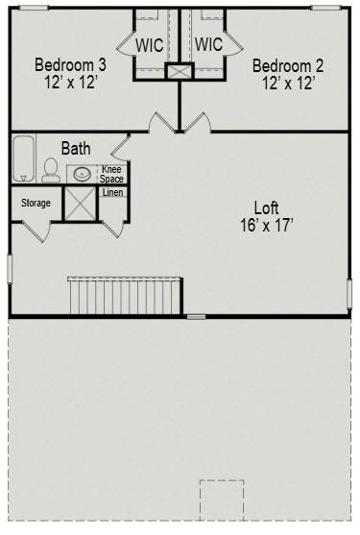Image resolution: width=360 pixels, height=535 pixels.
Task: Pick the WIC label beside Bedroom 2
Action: pyautogui.click(x=208, y=45)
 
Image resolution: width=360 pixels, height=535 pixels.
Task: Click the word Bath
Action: pyautogui.click(x=76, y=149)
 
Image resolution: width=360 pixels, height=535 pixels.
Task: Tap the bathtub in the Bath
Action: pyautogui.click(x=23, y=158)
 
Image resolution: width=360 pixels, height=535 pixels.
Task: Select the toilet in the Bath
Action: pyautogui.click(x=50, y=171)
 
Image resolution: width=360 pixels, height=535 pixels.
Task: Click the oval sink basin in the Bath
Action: pyautogui.click(x=83, y=175)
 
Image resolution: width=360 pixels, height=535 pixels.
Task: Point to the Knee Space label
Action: pyautogui.click(x=112, y=174)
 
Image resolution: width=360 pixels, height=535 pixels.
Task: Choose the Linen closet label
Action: pyautogui.click(x=112, y=193)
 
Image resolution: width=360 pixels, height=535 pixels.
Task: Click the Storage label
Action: pyautogui.click(x=36, y=203)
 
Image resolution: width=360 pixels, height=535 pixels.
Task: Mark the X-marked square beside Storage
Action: pyautogui.click(x=80, y=204)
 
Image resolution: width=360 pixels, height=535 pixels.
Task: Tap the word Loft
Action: pyautogui.click(x=267, y=207)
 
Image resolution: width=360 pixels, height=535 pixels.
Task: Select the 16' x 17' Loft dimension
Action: pyautogui.click(x=267, y=225)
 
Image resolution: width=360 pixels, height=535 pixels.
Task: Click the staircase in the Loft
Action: pyautogui.click(x=125, y=294)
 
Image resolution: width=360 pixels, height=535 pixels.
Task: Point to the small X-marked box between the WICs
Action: pyautogui.click(x=180, y=72)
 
